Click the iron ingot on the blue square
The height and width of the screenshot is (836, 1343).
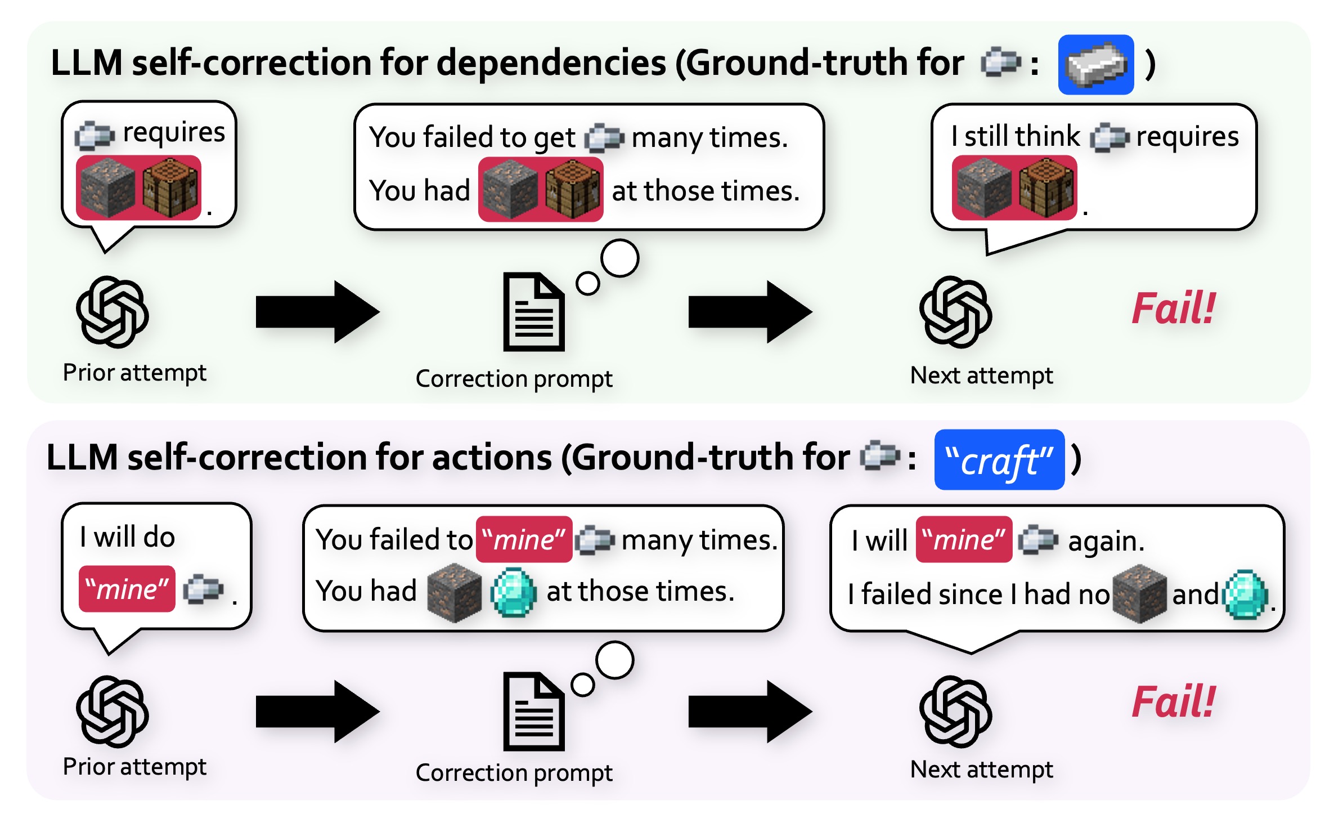click(1095, 65)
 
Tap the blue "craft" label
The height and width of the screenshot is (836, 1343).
click(999, 460)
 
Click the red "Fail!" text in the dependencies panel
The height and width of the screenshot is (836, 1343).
click(1173, 309)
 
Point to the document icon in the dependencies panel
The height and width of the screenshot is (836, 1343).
click(533, 312)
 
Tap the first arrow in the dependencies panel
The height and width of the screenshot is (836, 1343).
click(317, 312)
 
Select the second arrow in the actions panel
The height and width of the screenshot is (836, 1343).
click(750, 711)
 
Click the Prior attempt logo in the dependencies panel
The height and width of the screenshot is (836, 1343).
click(113, 311)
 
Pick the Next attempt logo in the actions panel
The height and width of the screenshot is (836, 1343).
click(955, 711)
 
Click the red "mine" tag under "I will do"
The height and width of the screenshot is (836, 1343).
click(127, 589)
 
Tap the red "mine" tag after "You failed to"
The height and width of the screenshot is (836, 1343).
click(524, 539)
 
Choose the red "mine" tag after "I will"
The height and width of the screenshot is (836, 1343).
click(964, 539)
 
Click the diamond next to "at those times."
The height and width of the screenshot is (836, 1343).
click(513, 592)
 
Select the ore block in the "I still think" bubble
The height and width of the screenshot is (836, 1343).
click(984, 188)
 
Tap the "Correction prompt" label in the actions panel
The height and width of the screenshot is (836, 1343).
click(514, 772)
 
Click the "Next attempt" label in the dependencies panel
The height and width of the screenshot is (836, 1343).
click(981, 375)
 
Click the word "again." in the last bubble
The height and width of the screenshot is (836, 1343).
click(1106, 541)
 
